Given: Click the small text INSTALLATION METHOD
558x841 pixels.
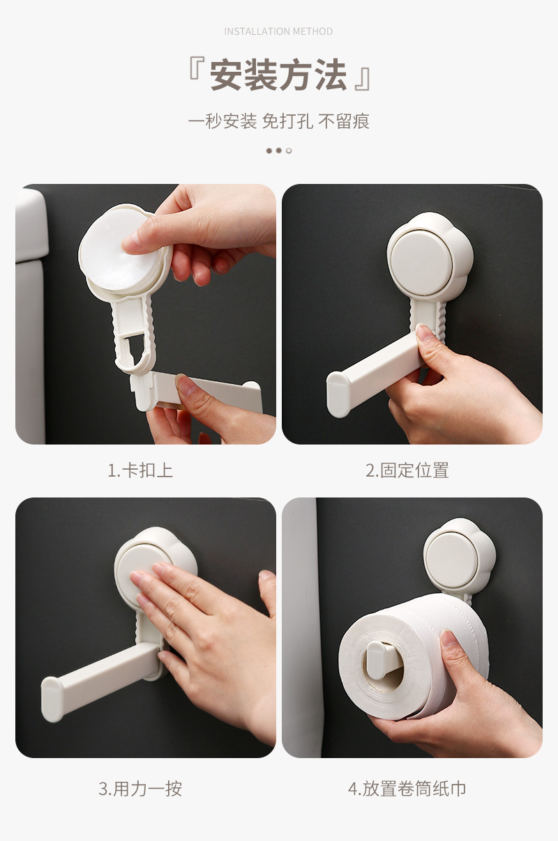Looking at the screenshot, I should (x=278, y=31).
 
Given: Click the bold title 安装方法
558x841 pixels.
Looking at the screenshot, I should (x=278, y=75).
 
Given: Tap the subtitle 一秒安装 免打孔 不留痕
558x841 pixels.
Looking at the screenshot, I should (x=278, y=121).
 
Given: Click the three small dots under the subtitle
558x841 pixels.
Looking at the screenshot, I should (x=278, y=151).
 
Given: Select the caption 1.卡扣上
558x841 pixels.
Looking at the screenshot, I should (x=140, y=470).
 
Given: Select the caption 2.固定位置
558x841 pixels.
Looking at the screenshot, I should (x=407, y=470).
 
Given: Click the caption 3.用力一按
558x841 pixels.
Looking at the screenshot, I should (x=140, y=789).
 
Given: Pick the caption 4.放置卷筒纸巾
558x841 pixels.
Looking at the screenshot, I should (x=407, y=789).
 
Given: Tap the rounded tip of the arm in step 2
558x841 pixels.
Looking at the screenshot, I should (x=338, y=394).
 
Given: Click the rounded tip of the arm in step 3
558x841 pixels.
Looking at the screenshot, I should (x=52, y=698).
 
